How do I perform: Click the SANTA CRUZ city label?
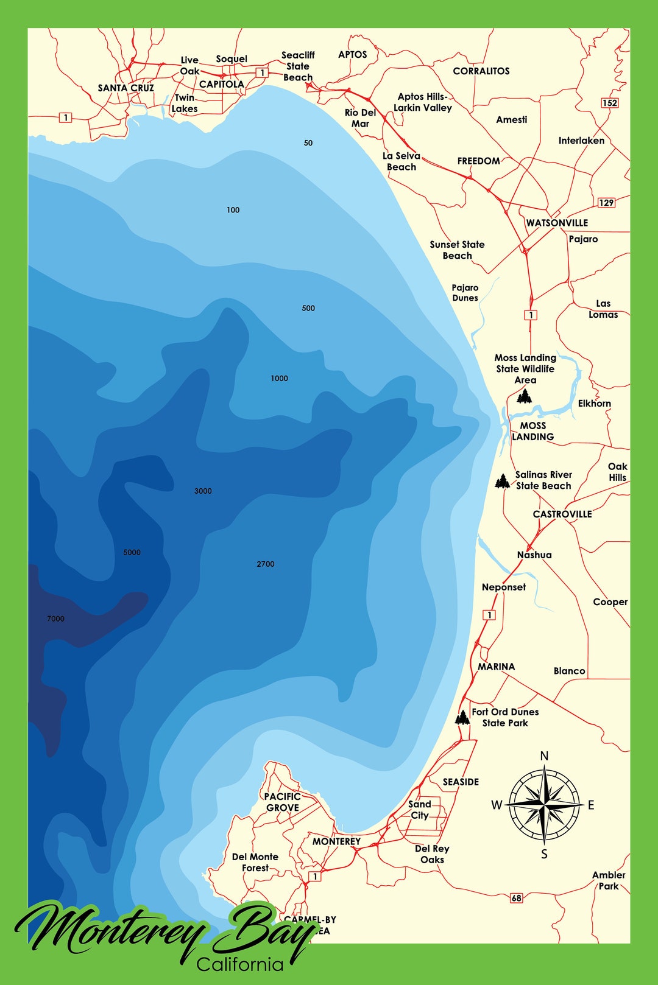[126, 88]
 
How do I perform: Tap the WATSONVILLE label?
[557, 223]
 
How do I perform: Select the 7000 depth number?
[55, 619]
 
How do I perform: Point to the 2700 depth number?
[266, 564]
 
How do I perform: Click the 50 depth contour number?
[308, 143]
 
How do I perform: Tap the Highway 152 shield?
[610, 103]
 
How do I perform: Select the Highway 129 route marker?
[606, 203]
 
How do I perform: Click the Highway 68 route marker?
[517, 898]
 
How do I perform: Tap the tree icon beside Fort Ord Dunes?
[462, 717]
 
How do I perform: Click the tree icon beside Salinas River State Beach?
[502, 482]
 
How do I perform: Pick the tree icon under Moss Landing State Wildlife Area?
[524, 396]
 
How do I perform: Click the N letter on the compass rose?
[545, 756]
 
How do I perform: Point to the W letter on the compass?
[497, 805]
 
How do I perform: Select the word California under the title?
[240, 964]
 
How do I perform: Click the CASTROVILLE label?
[562, 514]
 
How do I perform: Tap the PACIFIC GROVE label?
[282, 802]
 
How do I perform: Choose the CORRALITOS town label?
[481, 71]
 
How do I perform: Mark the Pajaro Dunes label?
[465, 293]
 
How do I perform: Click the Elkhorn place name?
[594, 404]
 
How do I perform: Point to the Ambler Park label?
[609, 880]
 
